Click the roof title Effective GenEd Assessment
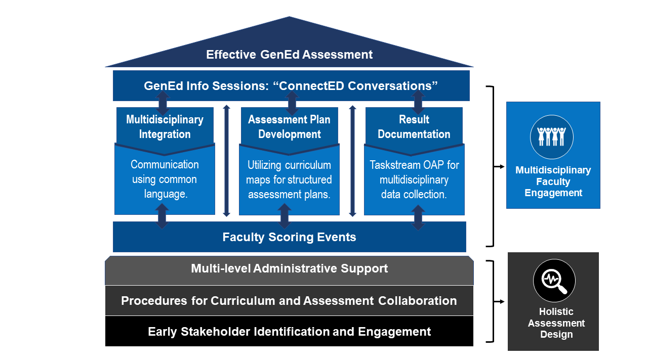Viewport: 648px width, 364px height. click(289, 55)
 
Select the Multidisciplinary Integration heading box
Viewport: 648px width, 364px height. click(165, 127)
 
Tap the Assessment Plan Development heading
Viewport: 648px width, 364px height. click(289, 127)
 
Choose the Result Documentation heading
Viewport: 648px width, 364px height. click(414, 127)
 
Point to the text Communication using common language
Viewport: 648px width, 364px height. click(165, 179)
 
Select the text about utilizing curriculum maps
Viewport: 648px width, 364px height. click(289, 179)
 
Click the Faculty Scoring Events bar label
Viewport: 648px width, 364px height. click(289, 237)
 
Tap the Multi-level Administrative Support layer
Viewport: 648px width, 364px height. click(289, 268)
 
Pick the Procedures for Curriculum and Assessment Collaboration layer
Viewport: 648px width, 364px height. click(289, 301)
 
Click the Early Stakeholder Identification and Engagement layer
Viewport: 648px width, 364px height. click(289, 332)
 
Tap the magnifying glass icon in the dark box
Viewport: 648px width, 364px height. click(554, 281)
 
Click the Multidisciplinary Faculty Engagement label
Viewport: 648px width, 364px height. click(553, 181)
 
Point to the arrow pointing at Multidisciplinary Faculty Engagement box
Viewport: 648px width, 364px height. click(500, 166)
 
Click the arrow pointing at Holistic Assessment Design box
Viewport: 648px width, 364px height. click(500, 302)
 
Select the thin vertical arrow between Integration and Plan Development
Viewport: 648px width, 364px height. click(227, 160)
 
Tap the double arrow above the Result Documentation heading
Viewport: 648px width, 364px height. click(418, 103)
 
